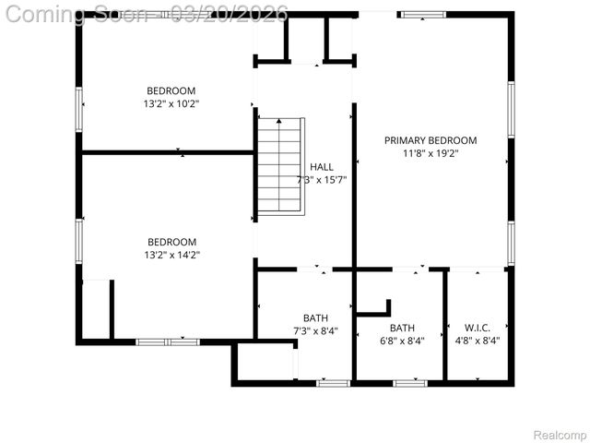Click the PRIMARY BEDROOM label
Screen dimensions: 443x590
431,140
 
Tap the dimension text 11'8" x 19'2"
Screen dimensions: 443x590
431,153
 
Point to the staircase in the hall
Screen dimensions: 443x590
279,167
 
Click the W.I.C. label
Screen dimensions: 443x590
477,328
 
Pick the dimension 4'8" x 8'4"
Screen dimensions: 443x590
477,341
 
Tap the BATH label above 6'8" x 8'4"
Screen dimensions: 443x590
402,328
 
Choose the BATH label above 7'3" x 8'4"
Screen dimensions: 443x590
315,318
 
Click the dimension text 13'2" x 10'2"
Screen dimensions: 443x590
171,103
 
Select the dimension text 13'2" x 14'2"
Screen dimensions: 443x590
171,255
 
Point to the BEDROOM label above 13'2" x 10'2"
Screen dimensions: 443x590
171,90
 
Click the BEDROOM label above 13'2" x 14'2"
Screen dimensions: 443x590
171,242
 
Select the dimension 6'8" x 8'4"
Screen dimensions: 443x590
402,341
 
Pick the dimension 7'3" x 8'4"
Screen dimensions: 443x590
315,331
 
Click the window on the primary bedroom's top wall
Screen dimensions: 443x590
421,15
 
